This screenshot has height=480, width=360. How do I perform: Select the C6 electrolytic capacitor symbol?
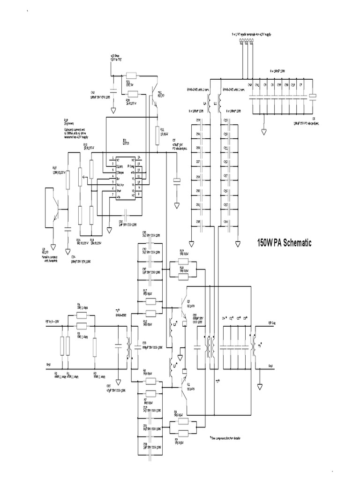313,97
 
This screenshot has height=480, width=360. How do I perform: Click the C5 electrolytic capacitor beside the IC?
177,181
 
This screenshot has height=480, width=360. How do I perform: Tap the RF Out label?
274,323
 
